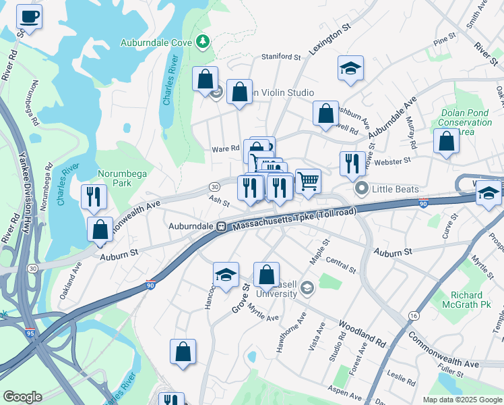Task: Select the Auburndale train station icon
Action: pyautogui.click(x=220, y=227)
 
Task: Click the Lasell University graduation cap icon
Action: pyautogui.click(x=307, y=289)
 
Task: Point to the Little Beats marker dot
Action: pyautogui.click(x=362, y=189)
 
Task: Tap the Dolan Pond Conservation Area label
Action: pyautogui.click(x=465, y=122)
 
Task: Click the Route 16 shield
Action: pyautogui.click(x=411, y=315)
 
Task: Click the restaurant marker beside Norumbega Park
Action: pyautogui.click(x=92, y=196)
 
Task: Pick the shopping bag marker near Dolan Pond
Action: pyautogui.click(x=446, y=142)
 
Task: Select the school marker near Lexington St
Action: pyautogui.click(x=350, y=68)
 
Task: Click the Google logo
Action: pyautogui.click(x=23, y=397)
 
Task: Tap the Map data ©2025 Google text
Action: pyautogui.click(x=462, y=400)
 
